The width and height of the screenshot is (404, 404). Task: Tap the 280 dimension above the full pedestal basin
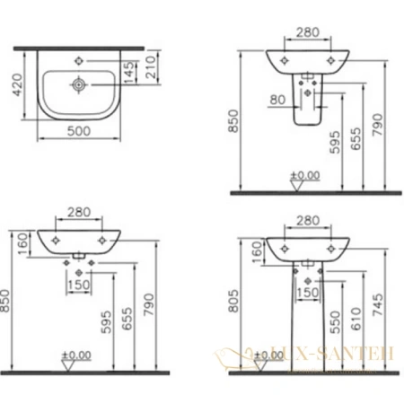pos(307,220)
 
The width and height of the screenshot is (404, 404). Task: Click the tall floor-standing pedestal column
pos(307,314)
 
